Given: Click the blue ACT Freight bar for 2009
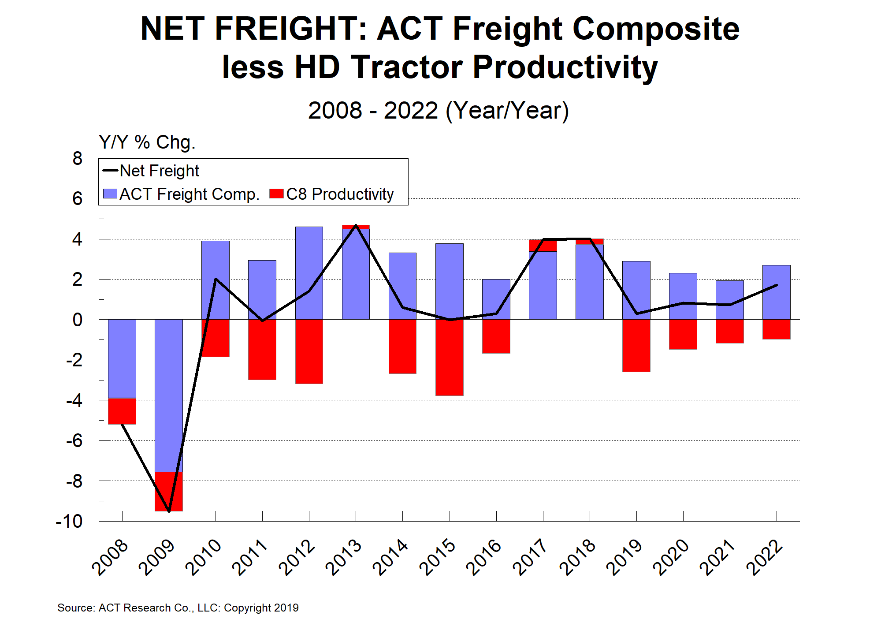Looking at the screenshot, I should pos(168,395).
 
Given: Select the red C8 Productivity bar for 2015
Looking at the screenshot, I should pos(449,357).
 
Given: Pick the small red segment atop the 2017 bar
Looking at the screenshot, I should pos(543,245).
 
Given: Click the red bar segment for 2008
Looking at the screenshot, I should pos(122,411).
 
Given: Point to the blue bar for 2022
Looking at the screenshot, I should pos(776,292).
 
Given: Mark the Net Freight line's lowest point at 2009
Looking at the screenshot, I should pos(169,511).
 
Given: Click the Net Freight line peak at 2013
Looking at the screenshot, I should pos(356,226).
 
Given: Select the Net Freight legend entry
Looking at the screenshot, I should pos(151,171).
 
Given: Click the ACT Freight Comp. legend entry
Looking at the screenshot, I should pos(181,194).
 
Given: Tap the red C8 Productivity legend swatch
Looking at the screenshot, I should pos(276,194).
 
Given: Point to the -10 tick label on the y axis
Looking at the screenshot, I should pos(69,521).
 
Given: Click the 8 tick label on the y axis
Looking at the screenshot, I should pos(77,158).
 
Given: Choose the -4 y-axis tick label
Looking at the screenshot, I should pos(74,400).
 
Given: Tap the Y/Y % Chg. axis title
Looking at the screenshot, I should pos(147,142).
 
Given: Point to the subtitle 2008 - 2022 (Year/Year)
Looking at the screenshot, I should pos(439,110).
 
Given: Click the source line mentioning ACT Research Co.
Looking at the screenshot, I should pos(178,608).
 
